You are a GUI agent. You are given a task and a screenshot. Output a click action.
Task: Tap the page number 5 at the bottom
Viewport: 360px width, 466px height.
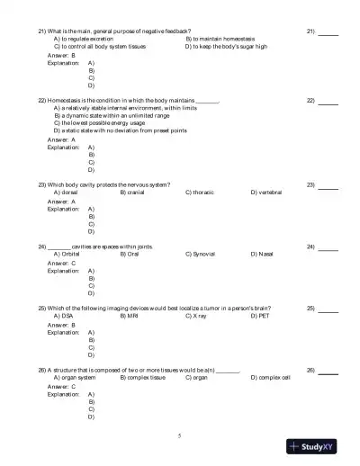(179, 435)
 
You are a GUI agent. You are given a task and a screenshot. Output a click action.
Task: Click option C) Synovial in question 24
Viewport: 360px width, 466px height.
(200, 254)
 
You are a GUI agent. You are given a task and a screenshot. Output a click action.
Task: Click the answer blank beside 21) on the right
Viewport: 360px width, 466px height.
(328, 31)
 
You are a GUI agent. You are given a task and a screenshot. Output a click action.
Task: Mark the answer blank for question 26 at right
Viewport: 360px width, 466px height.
(328, 371)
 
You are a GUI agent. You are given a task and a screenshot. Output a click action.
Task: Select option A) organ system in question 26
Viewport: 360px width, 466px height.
(75, 378)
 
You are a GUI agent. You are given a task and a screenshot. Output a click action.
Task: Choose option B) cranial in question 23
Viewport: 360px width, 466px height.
(135, 192)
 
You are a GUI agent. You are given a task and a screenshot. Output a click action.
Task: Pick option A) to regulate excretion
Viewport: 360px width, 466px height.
(89, 39)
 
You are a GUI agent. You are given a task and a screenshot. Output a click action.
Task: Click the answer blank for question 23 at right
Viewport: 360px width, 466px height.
(328, 185)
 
